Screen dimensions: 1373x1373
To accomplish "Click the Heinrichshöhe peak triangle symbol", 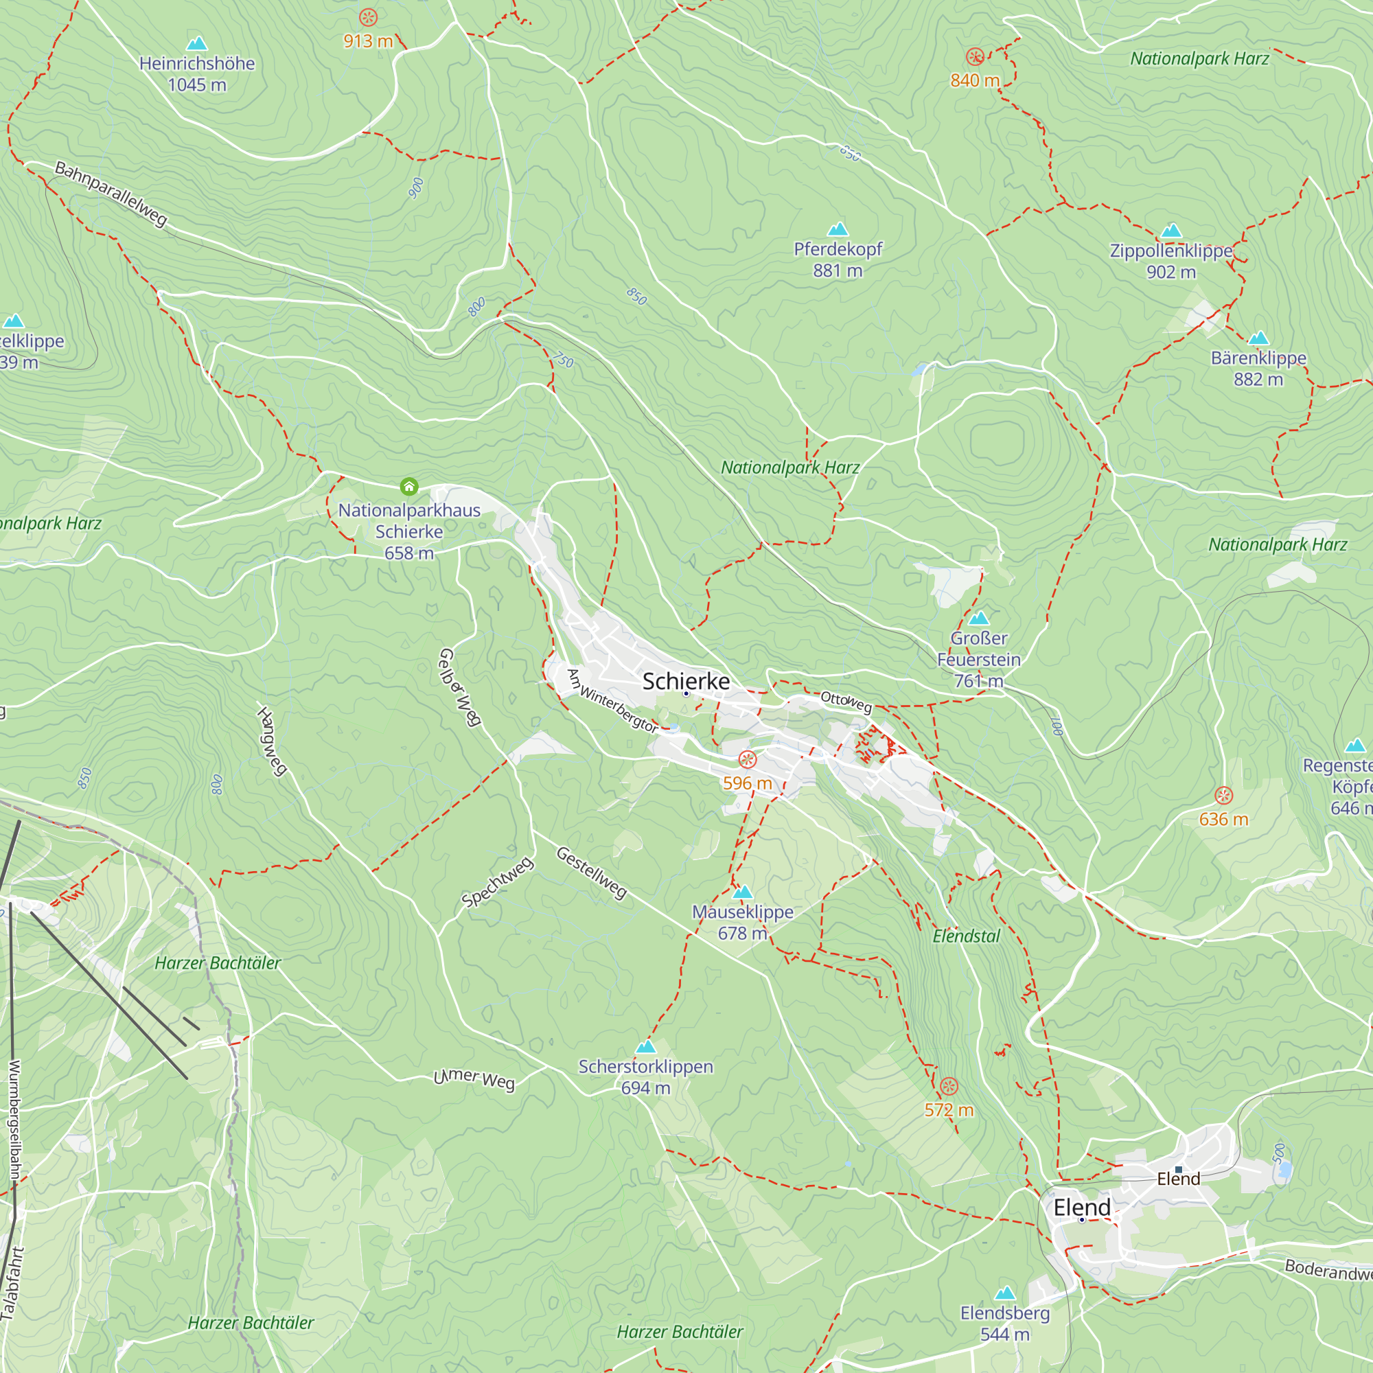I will pos(197,44).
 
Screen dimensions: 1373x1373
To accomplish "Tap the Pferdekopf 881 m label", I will pos(838,259).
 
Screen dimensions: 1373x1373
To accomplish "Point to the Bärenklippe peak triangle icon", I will pos(1258,338).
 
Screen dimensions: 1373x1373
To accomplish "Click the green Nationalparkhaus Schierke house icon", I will pos(408,486).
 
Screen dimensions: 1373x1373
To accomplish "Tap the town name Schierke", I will pos(686,681).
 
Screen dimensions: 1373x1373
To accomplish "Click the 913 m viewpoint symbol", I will pos(368,17).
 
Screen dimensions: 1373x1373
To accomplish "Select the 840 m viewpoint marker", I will pos(975,56).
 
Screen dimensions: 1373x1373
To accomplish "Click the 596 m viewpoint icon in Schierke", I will pos(747,760).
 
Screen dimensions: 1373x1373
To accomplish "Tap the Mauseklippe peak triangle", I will pos(743,892).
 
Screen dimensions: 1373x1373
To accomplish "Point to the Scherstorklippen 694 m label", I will pos(645,1076).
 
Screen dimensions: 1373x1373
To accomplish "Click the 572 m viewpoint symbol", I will pos(949,1086).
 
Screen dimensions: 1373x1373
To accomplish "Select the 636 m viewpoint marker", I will pos(1223,795).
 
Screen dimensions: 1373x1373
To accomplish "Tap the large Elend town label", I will pos(1082,1207).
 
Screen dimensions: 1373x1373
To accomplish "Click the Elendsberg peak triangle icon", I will pos(1005,1293).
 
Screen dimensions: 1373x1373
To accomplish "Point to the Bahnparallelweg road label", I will pos(111,194).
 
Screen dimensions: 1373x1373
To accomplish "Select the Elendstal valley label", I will pos(966,936).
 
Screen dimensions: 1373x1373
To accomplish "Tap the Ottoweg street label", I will pos(846,702).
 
